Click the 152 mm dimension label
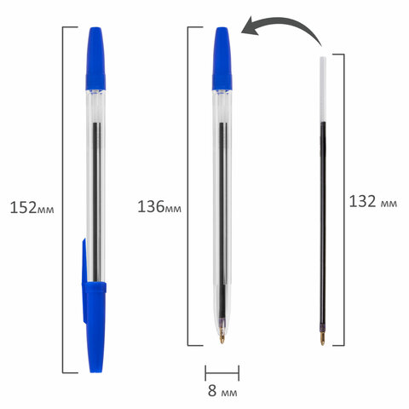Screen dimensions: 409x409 pos(32,208)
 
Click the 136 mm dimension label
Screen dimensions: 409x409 pos(159,207)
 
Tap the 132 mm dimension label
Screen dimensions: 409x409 pos(373,202)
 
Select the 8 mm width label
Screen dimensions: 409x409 pos(222,391)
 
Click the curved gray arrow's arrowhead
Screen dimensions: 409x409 pos(251,26)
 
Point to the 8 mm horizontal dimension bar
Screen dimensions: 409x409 pos(222,373)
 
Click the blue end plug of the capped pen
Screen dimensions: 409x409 pos(95,59)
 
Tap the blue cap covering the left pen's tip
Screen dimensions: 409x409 pos(95,326)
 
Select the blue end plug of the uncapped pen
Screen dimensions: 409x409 pos(222,59)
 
